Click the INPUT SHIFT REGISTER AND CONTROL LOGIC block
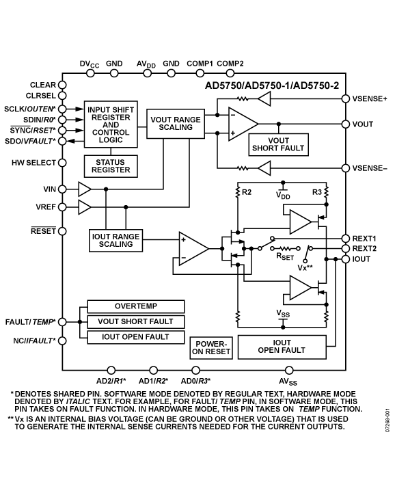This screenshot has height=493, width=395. point(111,125)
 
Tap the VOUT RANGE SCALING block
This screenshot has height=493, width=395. point(176,124)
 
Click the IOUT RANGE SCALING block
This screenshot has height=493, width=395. point(115,241)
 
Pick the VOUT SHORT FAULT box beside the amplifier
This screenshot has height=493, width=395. point(277,144)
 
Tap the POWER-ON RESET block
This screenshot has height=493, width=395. point(211,347)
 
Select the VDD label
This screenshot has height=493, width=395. point(283,195)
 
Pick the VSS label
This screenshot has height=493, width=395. point(283,313)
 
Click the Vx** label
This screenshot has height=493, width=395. point(305,267)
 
